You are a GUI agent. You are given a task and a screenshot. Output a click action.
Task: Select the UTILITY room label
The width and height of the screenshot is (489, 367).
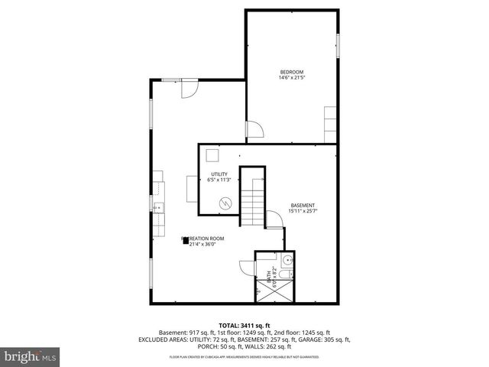[x=219, y=174]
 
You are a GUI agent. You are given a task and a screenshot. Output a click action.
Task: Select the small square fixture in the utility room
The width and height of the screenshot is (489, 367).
[x=214, y=156]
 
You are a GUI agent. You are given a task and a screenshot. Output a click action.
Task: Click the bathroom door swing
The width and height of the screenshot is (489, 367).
[x=246, y=268]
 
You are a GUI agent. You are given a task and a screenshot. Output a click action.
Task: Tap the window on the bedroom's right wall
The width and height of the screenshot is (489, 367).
[x=337, y=44]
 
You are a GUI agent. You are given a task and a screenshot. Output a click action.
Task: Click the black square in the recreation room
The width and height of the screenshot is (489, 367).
[x=184, y=240]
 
